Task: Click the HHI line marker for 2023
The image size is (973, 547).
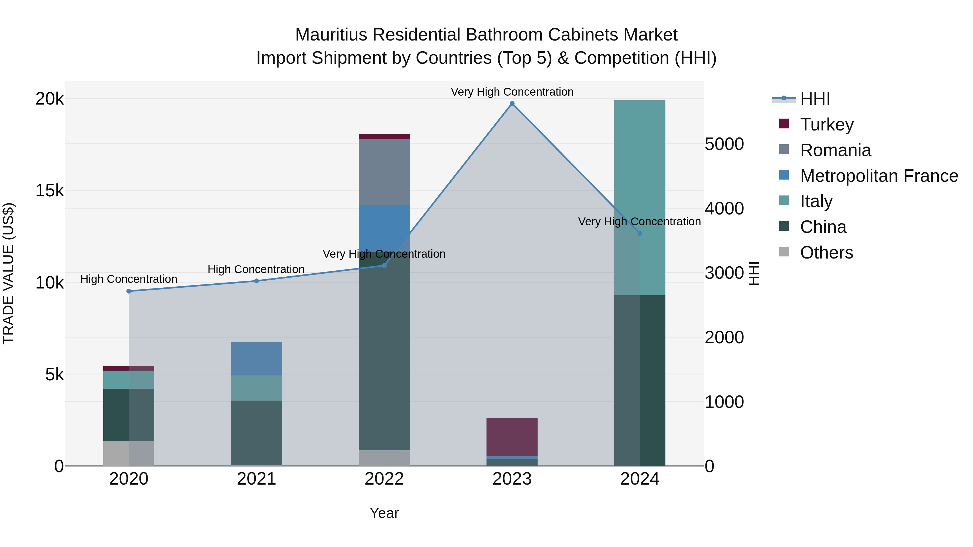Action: pyautogui.click(x=512, y=103)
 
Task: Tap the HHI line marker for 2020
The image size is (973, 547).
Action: pyautogui.click(x=129, y=291)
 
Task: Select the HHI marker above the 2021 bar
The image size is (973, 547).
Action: pyautogui.click(x=256, y=281)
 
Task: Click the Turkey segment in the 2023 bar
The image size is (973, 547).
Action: pyautogui.click(x=512, y=437)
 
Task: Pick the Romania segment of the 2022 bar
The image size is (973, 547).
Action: pyautogui.click(x=384, y=172)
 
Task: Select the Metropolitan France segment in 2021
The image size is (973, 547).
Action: pyautogui.click(x=256, y=359)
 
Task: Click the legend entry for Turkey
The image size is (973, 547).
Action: pyautogui.click(x=827, y=125)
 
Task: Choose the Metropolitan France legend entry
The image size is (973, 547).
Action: pyautogui.click(x=879, y=176)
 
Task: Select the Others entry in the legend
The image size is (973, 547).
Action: pyautogui.click(x=826, y=253)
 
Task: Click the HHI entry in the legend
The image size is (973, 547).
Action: pyautogui.click(x=815, y=99)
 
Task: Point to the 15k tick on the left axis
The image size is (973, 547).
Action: pyautogui.click(x=49, y=191)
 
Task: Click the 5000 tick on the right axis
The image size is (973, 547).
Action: pyautogui.click(x=724, y=144)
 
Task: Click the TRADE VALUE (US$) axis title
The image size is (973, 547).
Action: pyautogui.click(x=8, y=273)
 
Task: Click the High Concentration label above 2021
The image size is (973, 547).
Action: pyautogui.click(x=256, y=270)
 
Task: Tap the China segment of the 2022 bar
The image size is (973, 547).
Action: pyautogui.click(x=384, y=351)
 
